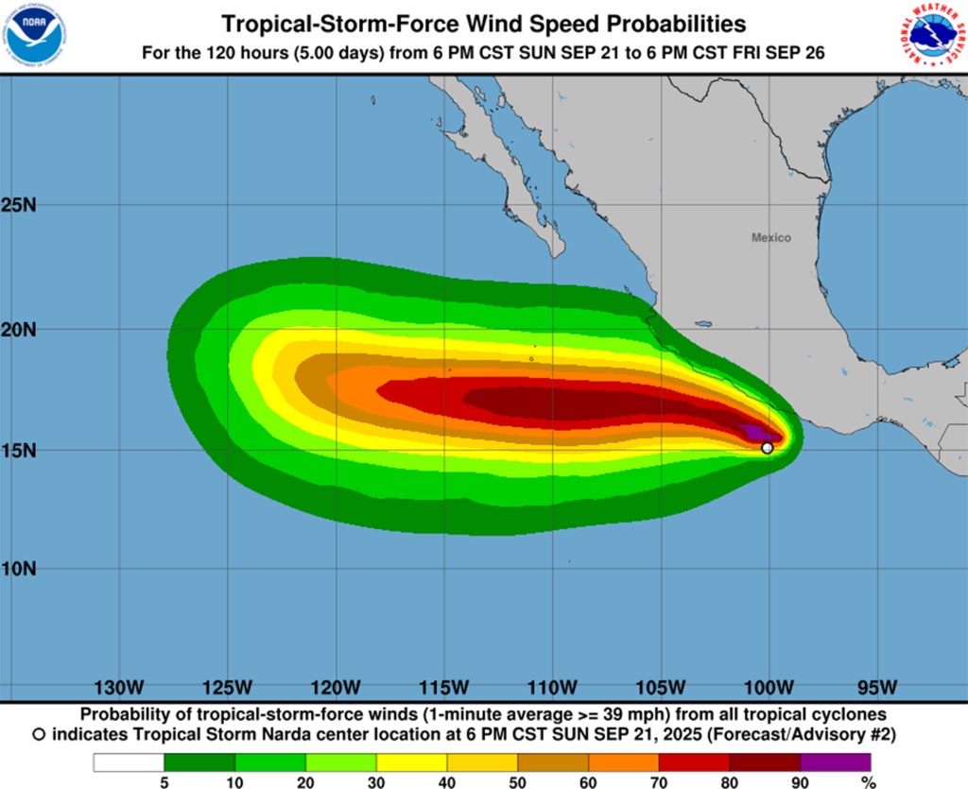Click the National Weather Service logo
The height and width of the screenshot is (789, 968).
pos(932,35)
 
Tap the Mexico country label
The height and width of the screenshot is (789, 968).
pos(771,238)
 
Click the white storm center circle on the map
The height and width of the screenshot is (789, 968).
pos(767,448)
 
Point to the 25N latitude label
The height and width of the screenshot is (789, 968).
pos(19,205)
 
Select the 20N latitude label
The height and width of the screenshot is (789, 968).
pos(19,330)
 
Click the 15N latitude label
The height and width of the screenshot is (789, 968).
pos(19,450)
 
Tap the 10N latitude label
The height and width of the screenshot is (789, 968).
pos(19,569)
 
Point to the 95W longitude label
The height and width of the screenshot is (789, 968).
pos(878,686)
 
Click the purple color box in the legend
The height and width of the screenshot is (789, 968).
pos(835,762)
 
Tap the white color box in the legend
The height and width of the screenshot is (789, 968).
pos(129,762)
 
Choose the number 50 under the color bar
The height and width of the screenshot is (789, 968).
pos(517,781)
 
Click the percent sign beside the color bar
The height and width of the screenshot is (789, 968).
pos(868,781)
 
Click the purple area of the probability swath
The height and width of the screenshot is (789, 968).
pos(753,433)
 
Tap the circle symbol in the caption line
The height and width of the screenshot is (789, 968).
pos(39,733)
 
